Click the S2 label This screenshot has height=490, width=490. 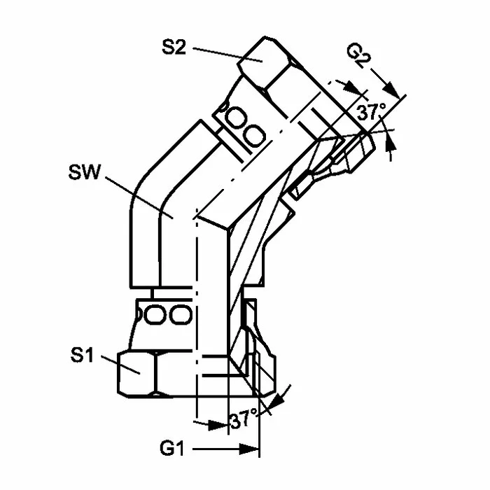point(174,48)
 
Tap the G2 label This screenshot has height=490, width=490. point(359,57)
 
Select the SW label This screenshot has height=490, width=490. point(85,172)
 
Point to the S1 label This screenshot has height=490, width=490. point(82,356)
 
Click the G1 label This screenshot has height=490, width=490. point(172,449)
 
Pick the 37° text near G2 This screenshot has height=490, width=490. point(371,112)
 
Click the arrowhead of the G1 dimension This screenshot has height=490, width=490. point(249,449)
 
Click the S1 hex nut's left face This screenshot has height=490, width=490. point(136,374)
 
